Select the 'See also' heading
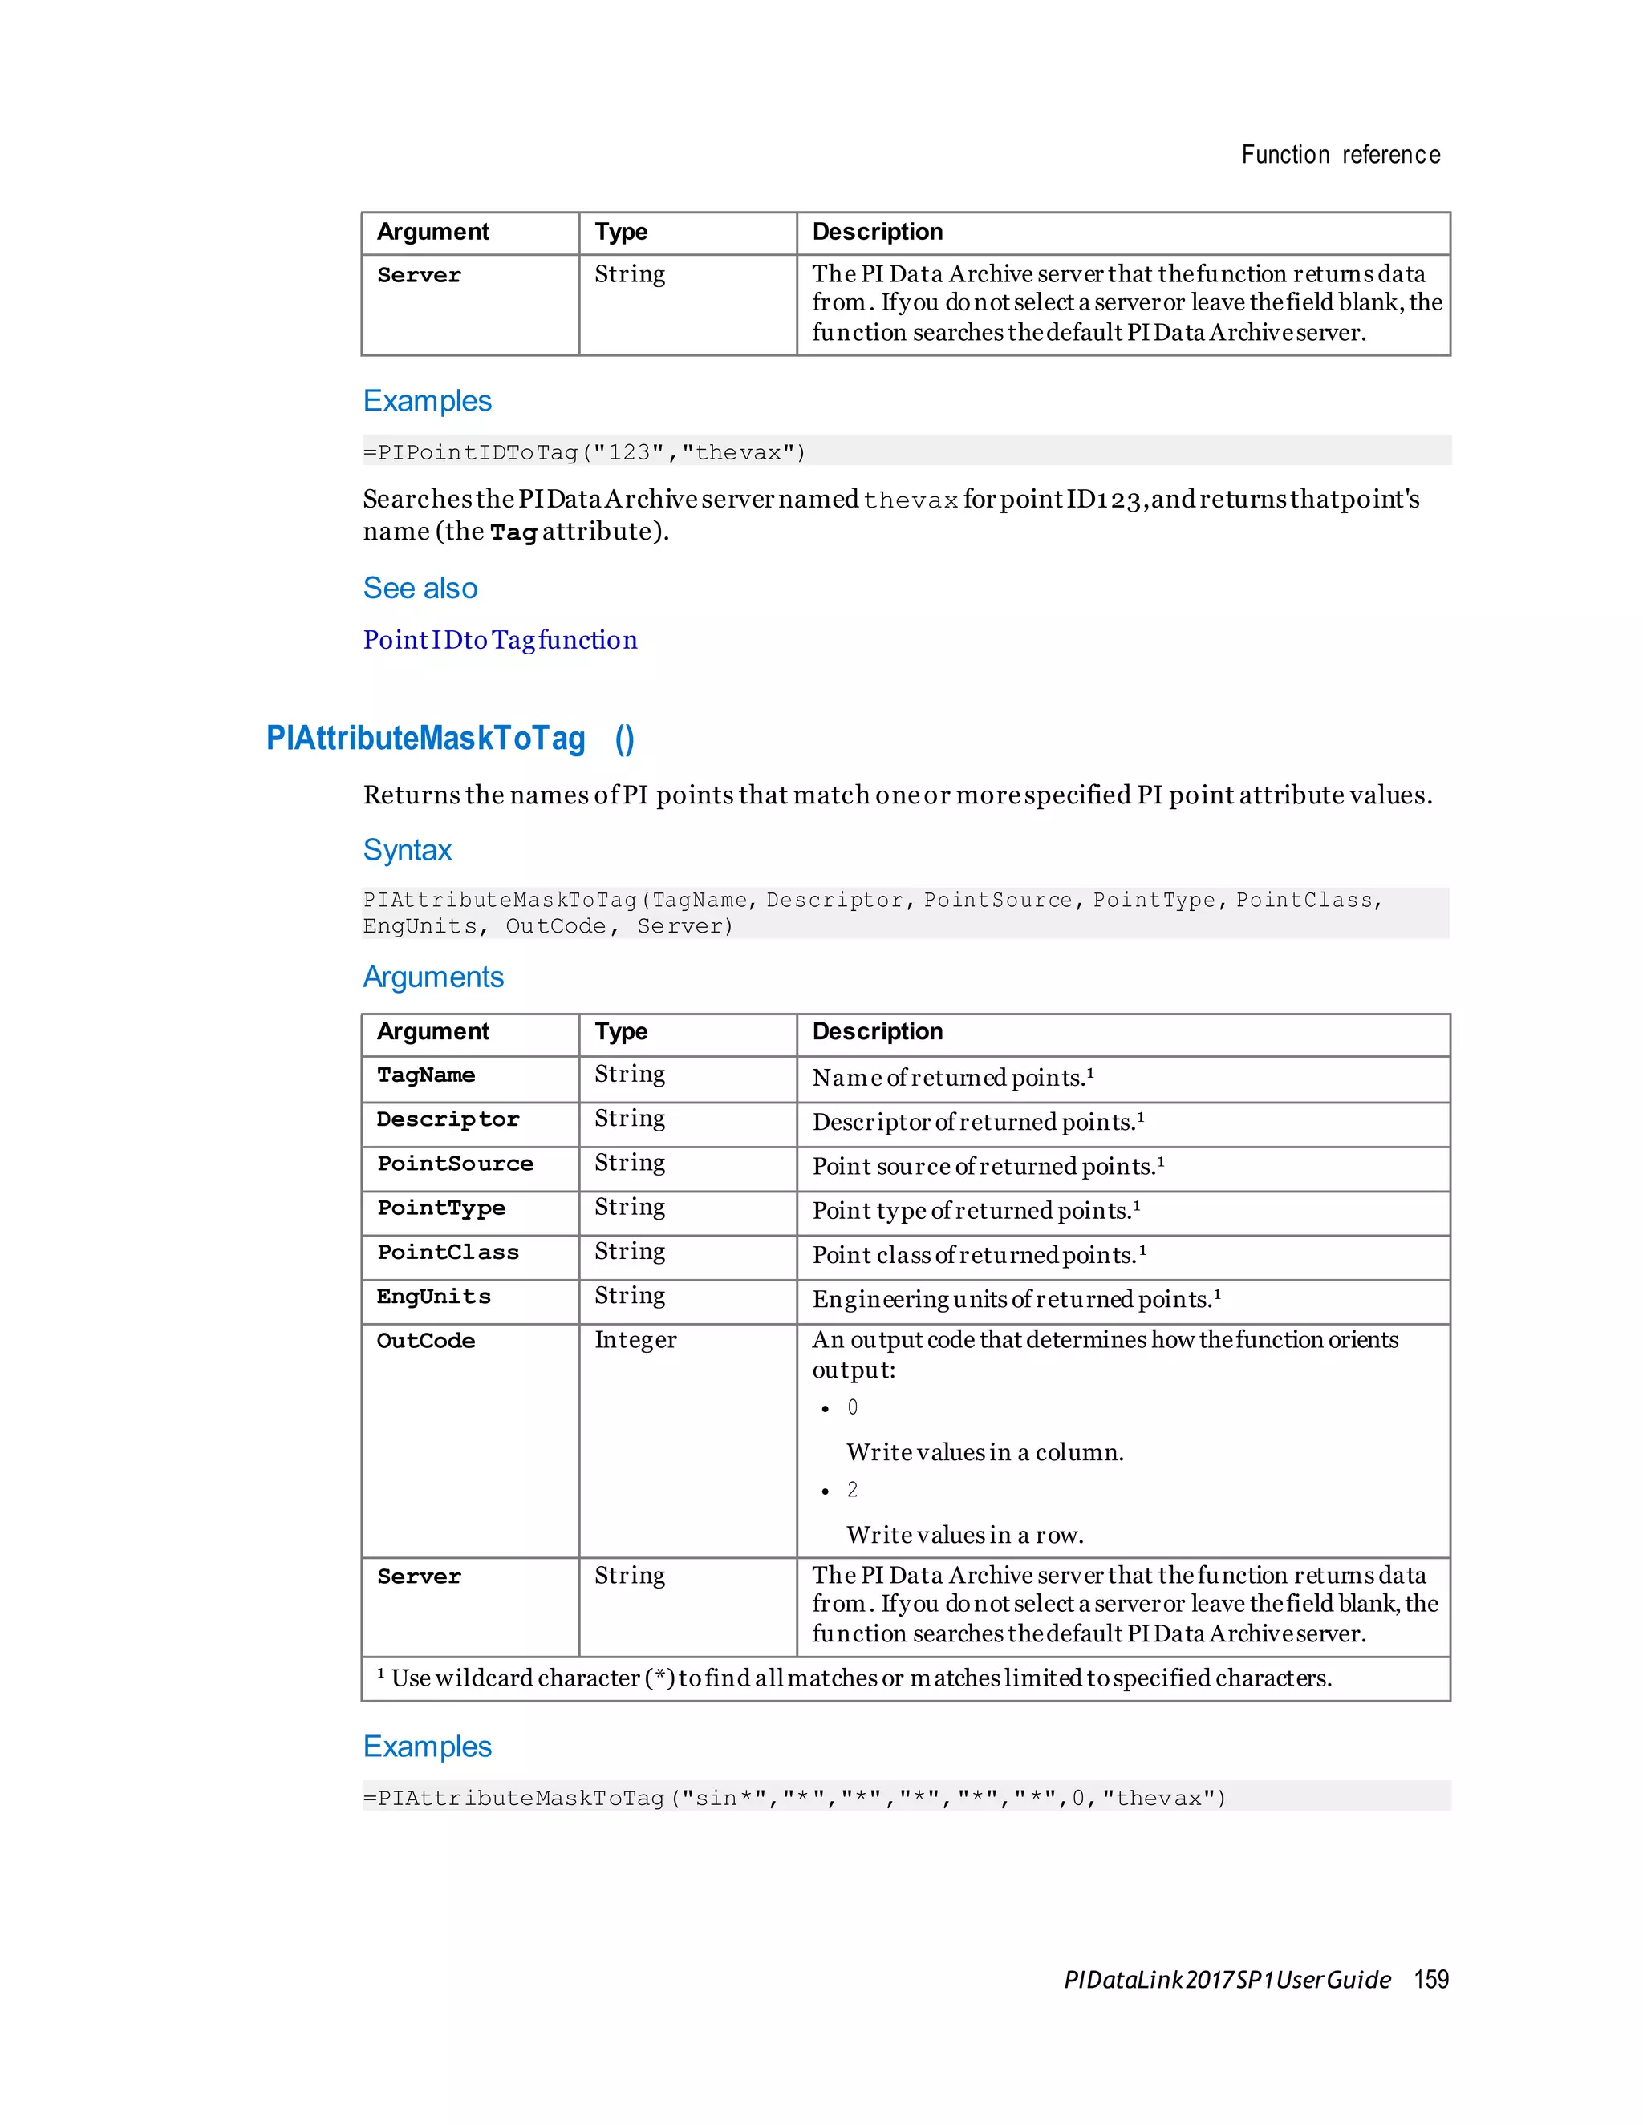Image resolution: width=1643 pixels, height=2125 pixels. click(x=420, y=588)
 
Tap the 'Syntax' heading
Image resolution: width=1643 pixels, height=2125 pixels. click(x=407, y=849)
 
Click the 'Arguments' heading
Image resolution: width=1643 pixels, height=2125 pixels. click(x=433, y=976)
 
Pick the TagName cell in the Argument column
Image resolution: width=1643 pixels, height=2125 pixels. click(x=426, y=1075)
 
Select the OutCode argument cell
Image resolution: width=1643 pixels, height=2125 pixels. click(x=426, y=1341)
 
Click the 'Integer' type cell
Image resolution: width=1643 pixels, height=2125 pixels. click(x=635, y=1341)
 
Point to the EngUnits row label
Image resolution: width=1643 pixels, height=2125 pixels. click(x=434, y=1296)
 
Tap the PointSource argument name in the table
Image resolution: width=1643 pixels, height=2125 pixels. click(x=455, y=1164)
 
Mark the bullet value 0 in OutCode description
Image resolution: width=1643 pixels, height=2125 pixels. click(x=853, y=1408)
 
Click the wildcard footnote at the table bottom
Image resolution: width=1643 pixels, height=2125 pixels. click(x=854, y=1678)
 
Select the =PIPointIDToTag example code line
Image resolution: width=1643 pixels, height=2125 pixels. click(x=584, y=452)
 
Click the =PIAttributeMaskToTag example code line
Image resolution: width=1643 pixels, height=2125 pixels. click(x=793, y=1798)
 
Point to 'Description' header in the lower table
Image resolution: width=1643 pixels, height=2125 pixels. click(x=877, y=1031)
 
